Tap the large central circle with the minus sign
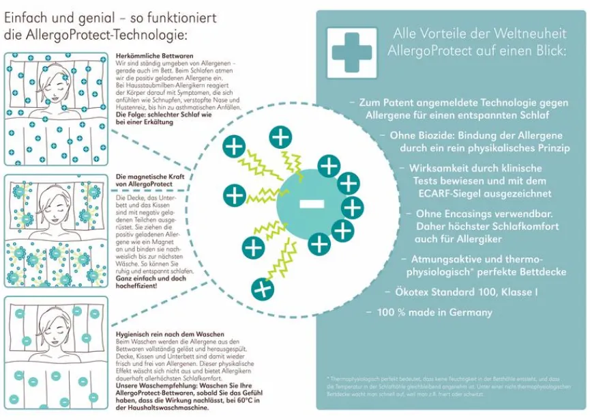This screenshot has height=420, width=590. (311, 203)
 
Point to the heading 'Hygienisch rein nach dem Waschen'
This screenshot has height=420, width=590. (158, 328)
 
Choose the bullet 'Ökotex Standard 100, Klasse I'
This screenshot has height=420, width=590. (460, 292)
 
